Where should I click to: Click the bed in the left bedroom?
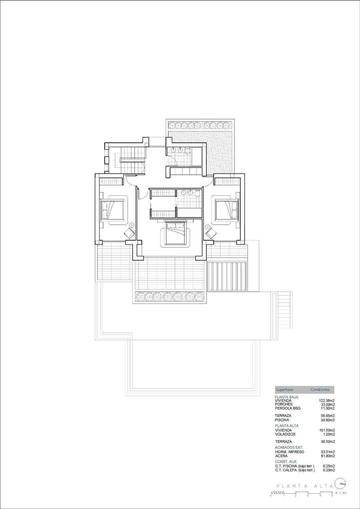pos(112,210)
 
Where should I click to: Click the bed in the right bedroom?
pos(227,210)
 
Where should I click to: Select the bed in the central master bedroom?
pos(175,233)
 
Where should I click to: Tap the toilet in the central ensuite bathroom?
pos(198,194)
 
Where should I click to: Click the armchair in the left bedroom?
pos(130,234)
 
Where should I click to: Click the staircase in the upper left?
pos(130,160)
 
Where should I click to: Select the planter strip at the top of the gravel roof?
pos(200,125)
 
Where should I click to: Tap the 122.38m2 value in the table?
pos(327,400)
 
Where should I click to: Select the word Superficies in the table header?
pos(284,389)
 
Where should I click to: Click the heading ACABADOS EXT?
pos(289,447)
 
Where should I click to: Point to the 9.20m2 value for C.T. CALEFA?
pos(328,470)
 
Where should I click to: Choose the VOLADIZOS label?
pos(285,434)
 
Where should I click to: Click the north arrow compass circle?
pos(341,482)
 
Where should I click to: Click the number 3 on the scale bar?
pos(308,496)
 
